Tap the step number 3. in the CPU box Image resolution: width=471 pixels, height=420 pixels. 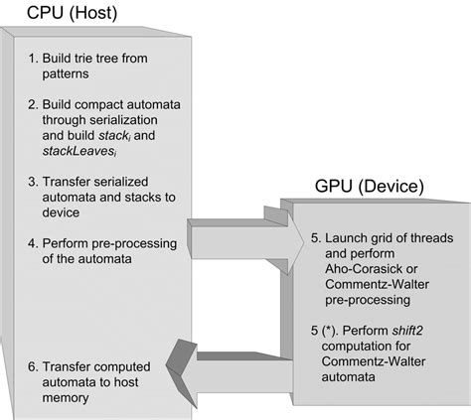coord(34,183)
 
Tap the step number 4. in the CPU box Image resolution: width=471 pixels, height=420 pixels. coord(34,240)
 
